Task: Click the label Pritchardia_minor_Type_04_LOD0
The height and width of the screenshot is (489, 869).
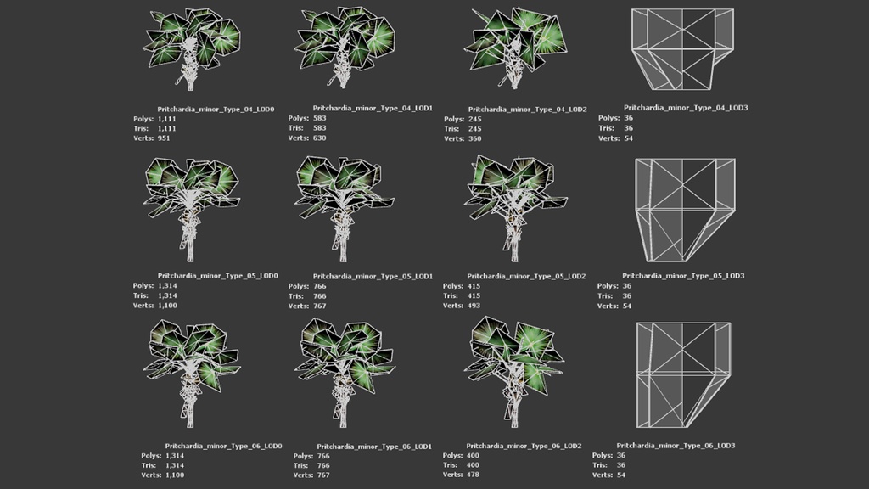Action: (216, 110)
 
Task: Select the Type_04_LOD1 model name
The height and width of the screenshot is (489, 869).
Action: (373, 108)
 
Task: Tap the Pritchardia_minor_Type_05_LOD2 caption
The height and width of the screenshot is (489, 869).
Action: (526, 276)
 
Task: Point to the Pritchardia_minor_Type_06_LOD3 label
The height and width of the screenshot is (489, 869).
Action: (676, 446)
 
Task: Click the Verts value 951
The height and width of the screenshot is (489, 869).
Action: (164, 138)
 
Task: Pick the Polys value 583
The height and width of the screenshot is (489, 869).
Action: (320, 118)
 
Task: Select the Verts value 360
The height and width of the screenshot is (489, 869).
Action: (475, 138)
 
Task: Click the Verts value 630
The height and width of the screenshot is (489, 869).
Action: (320, 138)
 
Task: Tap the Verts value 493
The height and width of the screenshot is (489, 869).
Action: (474, 306)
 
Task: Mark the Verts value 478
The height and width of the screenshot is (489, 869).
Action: (473, 475)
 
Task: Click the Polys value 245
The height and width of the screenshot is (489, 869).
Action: (475, 119)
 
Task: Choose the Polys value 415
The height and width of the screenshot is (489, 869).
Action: (474, 287)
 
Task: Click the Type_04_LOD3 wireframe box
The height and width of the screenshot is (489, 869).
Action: (682, 48)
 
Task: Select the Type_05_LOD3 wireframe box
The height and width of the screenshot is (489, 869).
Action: (686, 211)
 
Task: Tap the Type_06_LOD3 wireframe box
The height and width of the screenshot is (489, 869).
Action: (683, 374)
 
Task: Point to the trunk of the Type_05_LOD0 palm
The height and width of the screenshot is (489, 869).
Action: (189, 233)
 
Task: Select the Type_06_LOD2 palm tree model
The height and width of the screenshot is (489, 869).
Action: (514, 372)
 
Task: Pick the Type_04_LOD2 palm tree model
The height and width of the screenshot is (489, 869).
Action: (515, 48)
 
